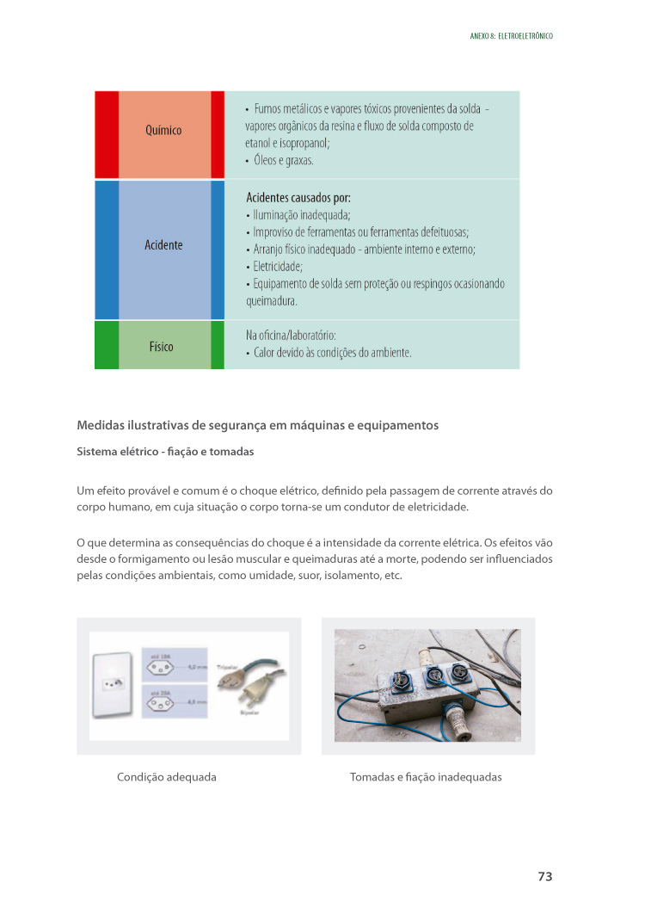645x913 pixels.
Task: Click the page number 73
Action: pos(544,876)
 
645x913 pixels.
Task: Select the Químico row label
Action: pos(163,131)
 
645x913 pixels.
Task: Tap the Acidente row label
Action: pos(163,245)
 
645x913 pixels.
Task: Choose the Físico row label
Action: pos(161,347)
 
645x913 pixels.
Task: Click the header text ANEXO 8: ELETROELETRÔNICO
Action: pos(511,36)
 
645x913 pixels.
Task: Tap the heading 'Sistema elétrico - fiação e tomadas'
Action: pos(165,452)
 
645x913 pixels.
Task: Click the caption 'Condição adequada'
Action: pos(166,777)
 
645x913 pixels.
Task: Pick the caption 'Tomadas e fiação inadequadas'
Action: pos(426,777)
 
